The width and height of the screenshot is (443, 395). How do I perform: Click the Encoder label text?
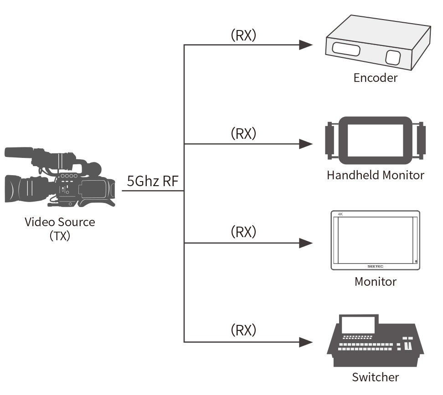tap(375, 77)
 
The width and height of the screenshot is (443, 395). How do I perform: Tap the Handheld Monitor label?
tap(375, 175)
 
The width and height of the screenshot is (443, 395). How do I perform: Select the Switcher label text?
tap(375, 377)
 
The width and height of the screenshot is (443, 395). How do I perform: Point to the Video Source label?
tap(60, 222)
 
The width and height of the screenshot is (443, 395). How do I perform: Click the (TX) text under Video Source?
tap(60, 236)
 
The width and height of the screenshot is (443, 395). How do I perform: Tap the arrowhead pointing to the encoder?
tap(306, 45)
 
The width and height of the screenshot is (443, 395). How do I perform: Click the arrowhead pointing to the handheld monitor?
tap(306, 144)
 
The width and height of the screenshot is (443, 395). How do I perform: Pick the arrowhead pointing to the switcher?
tap(306, 341)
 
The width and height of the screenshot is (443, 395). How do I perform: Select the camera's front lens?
tap(14, 187)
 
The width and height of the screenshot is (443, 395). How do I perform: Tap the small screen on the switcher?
tap(359, 325)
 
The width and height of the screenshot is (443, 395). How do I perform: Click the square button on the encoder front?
tap(392, 57)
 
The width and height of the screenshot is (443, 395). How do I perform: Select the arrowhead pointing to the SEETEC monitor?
tap(306, 243)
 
